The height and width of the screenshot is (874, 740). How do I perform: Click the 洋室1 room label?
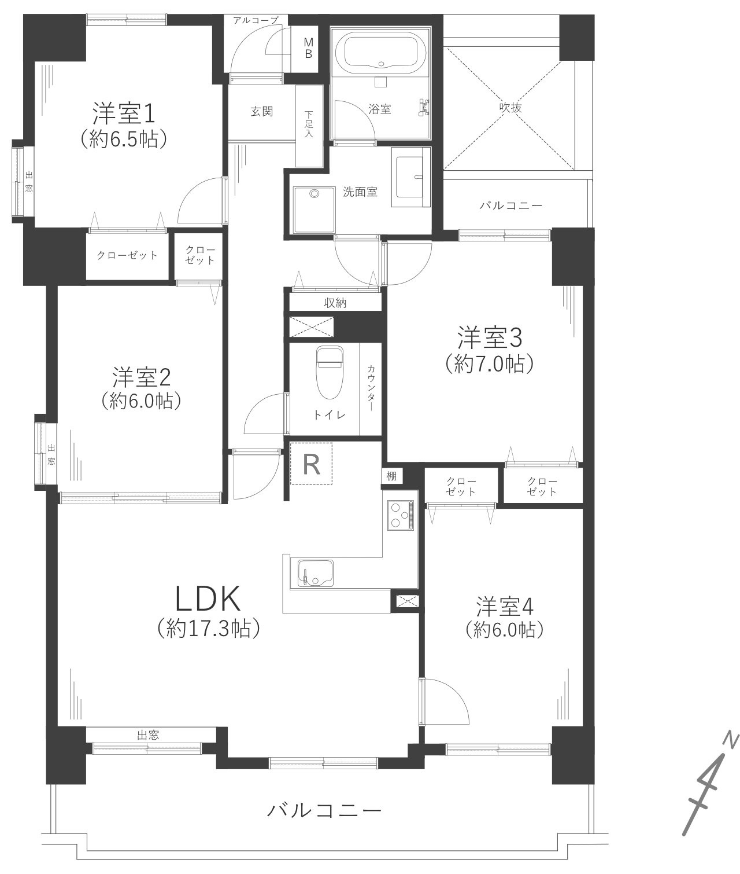124,114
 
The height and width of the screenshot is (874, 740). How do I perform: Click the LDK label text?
208,600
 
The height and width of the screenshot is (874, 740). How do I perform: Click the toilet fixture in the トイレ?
329,372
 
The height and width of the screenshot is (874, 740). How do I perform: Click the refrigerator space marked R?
312,464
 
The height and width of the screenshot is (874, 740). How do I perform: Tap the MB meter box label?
308,48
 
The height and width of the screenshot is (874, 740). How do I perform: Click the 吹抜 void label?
510,108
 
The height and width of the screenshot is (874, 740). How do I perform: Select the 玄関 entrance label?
261,112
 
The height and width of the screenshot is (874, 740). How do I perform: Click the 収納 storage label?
335,303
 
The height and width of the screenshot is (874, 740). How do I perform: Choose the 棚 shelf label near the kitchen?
391,476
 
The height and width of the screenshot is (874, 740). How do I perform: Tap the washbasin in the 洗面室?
410,177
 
